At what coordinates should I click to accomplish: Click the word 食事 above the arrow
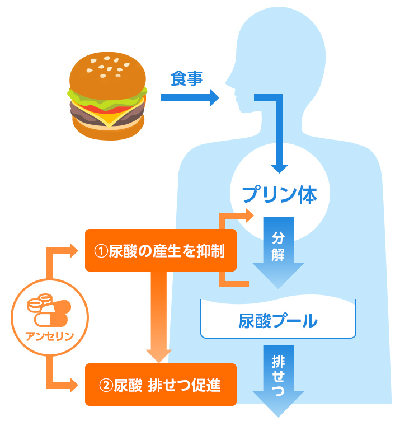click(186, 79)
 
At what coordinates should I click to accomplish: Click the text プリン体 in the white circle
click(280, 194)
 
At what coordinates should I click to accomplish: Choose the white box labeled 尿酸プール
click(278, 321)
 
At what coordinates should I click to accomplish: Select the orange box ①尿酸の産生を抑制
click(160, 250)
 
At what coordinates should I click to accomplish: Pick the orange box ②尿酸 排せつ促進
click(160, 385)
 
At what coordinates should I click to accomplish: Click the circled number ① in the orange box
click(100, 251)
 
